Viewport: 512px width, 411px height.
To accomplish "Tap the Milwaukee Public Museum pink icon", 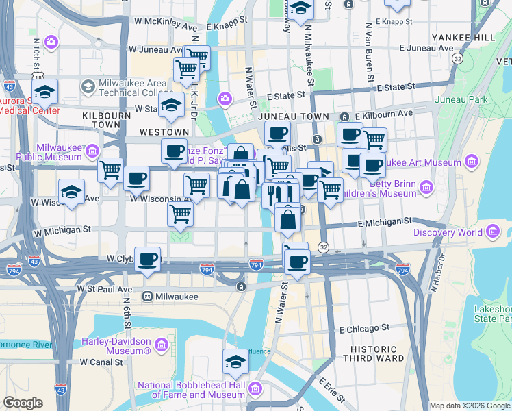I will click(x=92, y=151).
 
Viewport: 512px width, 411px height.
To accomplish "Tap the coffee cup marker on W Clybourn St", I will click(x=147, y=260).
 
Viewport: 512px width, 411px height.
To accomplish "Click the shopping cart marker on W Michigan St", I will click(x=181, y=214).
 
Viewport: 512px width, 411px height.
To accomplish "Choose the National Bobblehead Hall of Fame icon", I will click(x=255, y=390).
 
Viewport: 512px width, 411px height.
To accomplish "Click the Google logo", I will click(x=23, y=403).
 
